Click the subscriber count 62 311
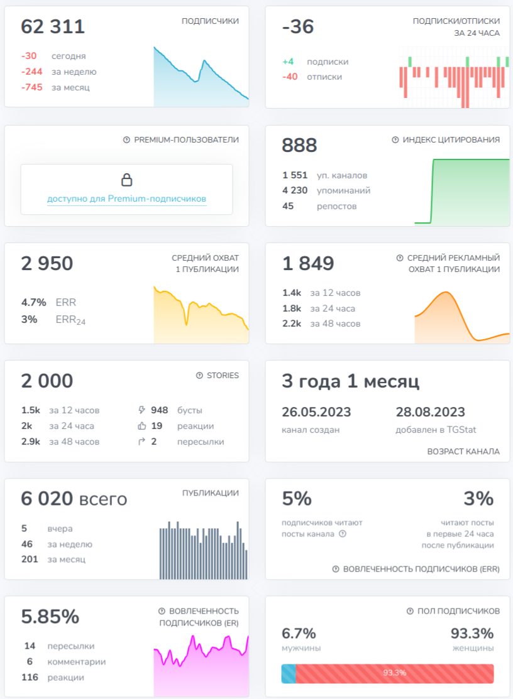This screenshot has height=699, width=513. point(53,27)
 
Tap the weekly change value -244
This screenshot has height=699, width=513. point(31,72)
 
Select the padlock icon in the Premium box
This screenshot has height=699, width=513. point(127,180)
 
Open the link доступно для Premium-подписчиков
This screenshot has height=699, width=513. point(127,199)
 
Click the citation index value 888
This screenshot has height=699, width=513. point(299,145)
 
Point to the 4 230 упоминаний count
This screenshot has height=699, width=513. point(295,191)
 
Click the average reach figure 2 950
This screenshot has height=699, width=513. point(47,264)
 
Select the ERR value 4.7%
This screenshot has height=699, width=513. point(33,303)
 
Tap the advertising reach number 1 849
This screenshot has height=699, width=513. point(308,264)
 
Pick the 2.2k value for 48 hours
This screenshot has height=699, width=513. point(292,323)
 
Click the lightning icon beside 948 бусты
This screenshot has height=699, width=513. point(142,410)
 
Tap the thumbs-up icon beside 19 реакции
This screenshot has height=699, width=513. point(142,426)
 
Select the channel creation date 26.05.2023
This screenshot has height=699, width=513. point(316,412)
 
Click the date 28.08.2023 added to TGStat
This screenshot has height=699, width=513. point(430,412)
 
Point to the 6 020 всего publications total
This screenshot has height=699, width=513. point(74,499)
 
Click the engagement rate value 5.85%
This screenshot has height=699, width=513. point(50,617)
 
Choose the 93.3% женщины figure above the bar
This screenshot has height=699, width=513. point(472,634)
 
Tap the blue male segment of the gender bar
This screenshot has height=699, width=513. point(289,674)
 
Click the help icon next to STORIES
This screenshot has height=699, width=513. point(199,376)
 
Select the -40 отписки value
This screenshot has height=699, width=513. point(290,77)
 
